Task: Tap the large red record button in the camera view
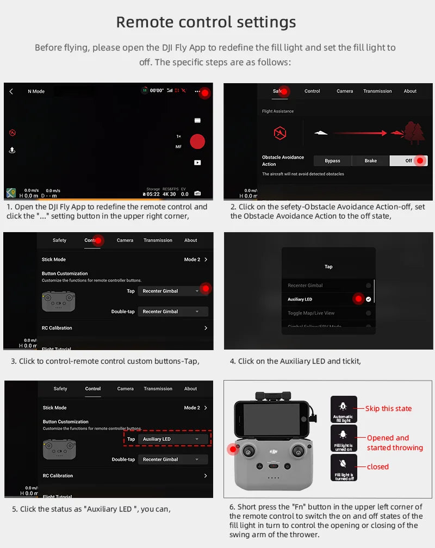coord(197,141)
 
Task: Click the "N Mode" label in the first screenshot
coord(36,91)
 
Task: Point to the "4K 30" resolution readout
coord(169,194)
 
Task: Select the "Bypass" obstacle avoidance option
coord(332,161)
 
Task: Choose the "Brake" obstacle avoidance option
coord(370,161)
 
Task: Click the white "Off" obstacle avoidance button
coord(408,161)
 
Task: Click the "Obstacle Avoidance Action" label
coord(283,160)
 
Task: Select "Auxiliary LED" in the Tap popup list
coord(300,300)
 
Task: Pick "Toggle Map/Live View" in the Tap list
coord(311,313)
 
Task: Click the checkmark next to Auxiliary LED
coord(369,300)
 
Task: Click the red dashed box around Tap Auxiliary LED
coord(167,439)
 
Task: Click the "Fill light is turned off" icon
coord(344,468)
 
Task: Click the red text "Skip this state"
coord(388,409)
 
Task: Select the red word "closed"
coord(377,466)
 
